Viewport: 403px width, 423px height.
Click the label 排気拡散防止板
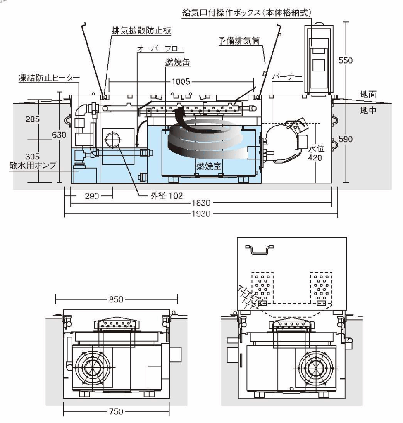click(x=141, y=31)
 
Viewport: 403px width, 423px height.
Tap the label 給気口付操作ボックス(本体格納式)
click(x=247, y=12)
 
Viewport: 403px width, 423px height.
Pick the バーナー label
click(x=285, y=77)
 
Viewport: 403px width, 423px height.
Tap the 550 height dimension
click(x=345, y=60)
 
